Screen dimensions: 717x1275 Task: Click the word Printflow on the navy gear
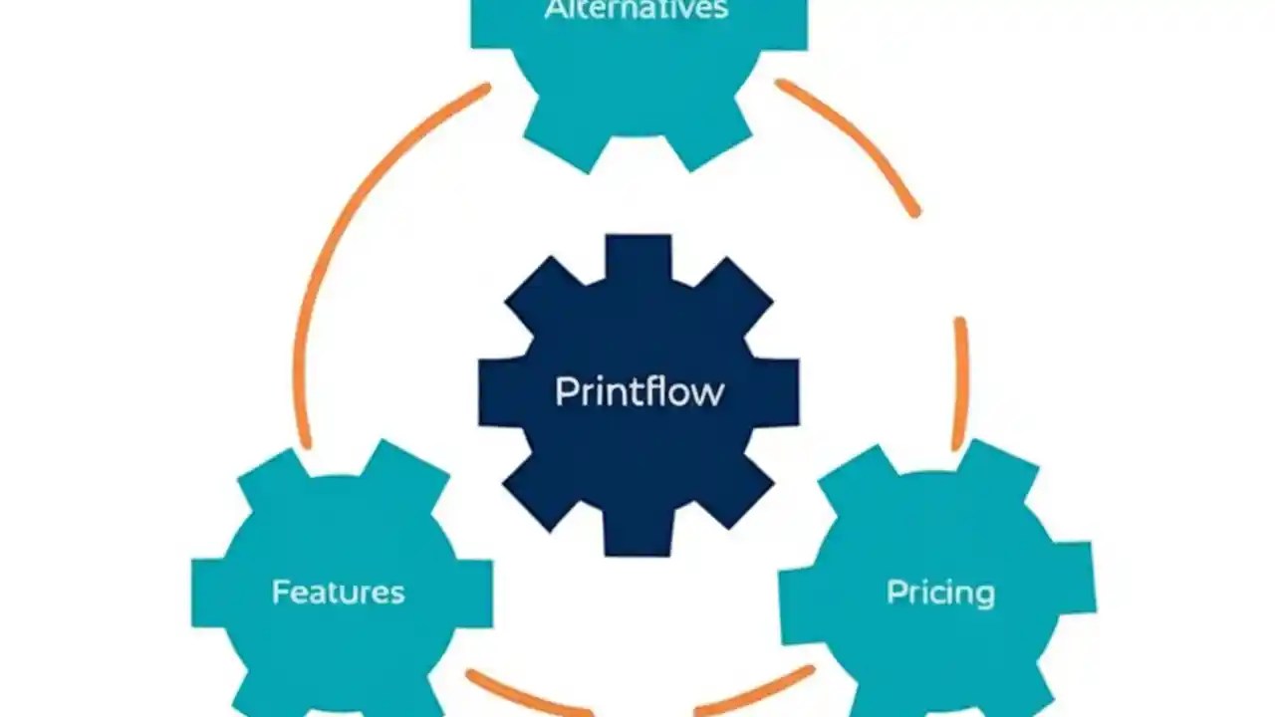click(638, 391)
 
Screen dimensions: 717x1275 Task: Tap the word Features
click(339, 593)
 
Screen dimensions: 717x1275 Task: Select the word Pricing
click(940, 594)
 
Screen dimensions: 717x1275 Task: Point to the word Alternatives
click(637, 11)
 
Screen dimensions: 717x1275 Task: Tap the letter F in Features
click(280, 593)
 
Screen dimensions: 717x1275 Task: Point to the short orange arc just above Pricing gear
click(960, 383)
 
